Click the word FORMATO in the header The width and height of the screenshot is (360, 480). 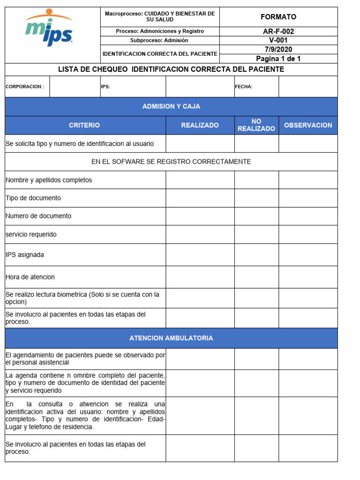[278, 17]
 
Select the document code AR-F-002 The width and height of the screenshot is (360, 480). [278, 31]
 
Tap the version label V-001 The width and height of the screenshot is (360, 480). [278, 40]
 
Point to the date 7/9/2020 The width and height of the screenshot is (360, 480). [278, 49]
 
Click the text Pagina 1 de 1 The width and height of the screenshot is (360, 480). [278, 59]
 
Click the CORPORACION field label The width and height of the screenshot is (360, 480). [25, 87]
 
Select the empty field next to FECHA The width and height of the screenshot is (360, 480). [308, 87]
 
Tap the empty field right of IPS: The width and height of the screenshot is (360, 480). [200, 87]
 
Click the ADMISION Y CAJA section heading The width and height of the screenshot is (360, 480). [171, 106]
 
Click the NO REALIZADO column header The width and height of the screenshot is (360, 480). [256, 125]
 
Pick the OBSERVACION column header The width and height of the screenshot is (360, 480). [308, 125]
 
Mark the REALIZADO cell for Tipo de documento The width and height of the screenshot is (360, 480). [200, 198]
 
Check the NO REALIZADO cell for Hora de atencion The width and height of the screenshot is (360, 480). [256, 277]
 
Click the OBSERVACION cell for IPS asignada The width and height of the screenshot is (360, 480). [308, 255]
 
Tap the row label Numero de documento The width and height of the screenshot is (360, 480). [38, 216]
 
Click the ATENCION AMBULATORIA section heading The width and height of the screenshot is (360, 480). [171, 338]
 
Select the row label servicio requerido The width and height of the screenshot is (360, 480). [31, 234]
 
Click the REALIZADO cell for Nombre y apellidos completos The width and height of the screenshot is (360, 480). [200, 180]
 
